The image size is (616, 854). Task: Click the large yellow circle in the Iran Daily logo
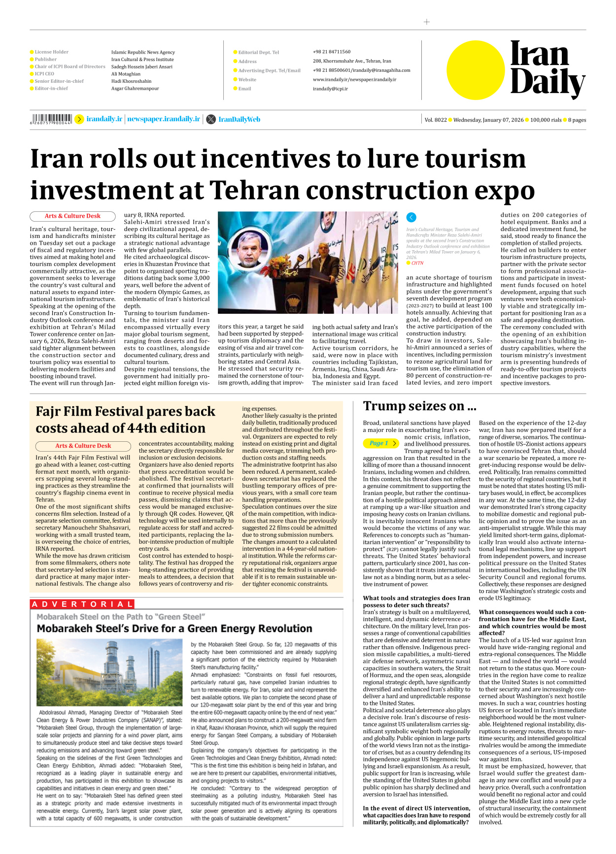476,70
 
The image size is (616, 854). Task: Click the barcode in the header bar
51,119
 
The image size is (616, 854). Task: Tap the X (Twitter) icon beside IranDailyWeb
211,119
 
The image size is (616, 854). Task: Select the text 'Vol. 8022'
435,120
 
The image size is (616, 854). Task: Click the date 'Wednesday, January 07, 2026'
488,120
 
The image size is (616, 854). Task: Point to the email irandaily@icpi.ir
330,89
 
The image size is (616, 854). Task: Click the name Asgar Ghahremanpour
135,89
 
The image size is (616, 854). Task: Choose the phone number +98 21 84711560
331,52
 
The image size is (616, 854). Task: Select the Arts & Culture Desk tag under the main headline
72,216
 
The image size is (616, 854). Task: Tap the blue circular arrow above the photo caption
411,217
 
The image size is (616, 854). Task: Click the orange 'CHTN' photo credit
417,263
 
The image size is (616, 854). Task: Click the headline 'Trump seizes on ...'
419,406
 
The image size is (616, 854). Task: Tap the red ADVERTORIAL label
82,604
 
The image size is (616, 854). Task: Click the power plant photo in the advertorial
109,672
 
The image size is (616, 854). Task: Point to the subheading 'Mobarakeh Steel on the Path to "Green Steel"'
121,617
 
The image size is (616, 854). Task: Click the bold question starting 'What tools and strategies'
416,601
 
